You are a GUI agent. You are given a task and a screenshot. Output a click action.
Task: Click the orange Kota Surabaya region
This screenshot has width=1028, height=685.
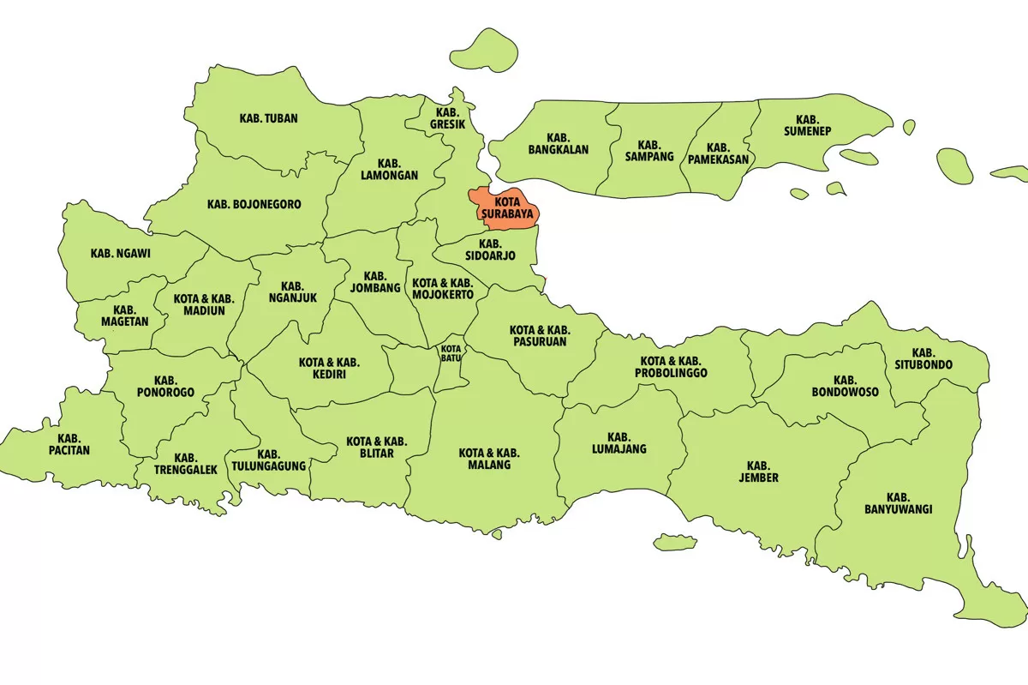[x=505, y=208]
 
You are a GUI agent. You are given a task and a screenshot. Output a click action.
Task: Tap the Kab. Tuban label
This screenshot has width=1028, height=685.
[x=268, y=118]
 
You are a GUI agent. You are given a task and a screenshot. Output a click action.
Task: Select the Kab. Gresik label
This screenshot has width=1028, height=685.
[x=448, y=118]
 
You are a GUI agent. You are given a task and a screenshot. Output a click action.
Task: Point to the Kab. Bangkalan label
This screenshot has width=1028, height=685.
[x=558, y=143]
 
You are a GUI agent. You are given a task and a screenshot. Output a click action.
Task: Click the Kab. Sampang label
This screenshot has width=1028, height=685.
[x=649, y=151]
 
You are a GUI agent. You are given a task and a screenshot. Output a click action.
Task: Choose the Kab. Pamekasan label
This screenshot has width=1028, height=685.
[x=719, y=153]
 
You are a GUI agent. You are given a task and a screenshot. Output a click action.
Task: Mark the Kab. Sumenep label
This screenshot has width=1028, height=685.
[x=807, y=126]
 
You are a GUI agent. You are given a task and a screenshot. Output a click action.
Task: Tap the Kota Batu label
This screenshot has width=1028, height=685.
[x=451, y=353]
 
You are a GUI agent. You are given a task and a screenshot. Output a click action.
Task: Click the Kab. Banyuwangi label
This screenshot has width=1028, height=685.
[x=898, y=503]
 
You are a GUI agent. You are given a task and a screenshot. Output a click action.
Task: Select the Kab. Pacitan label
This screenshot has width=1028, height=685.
[x=69, y=443]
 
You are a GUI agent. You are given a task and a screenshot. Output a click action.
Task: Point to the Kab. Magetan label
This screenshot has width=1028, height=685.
[x=124, y=315]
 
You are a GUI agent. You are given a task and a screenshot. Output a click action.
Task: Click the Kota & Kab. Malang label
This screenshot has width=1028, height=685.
[x=489, y=459]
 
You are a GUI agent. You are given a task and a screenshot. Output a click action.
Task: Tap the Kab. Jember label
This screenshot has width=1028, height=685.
[x=758, y=472]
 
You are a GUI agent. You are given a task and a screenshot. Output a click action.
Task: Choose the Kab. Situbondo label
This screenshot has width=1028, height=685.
[x=923, y=358]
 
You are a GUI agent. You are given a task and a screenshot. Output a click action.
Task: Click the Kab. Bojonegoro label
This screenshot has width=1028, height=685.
[x=254, y=205]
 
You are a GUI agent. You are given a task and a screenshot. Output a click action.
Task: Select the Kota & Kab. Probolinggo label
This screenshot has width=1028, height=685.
[x=671, y=367]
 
